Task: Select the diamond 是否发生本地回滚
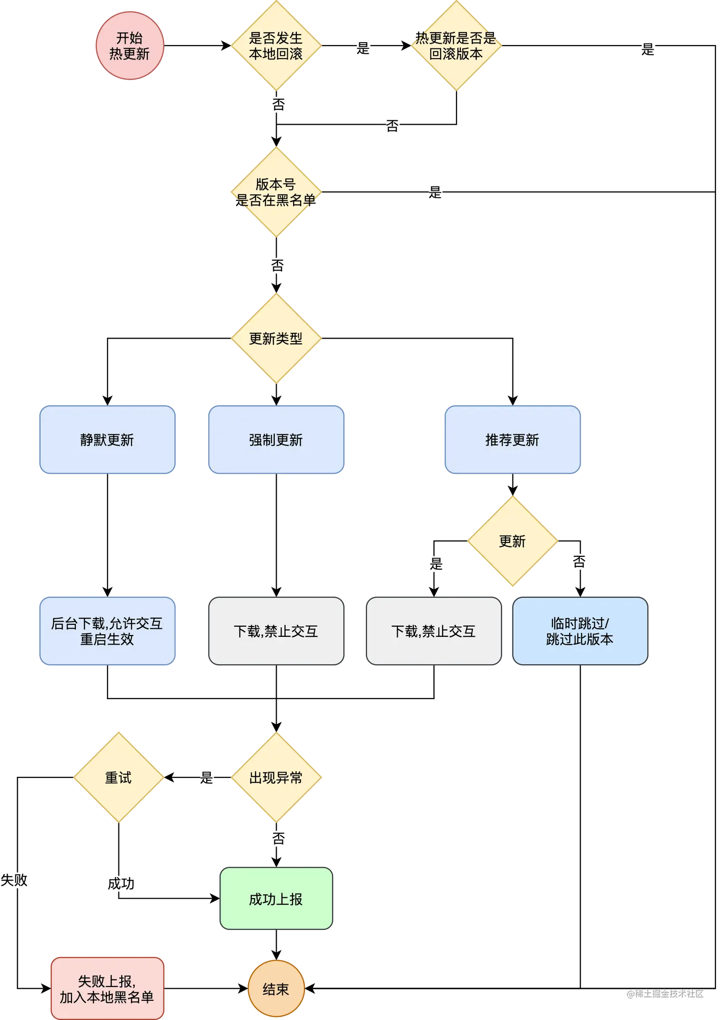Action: [x=276, y=46]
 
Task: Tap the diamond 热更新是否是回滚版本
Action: [x=456, y=46]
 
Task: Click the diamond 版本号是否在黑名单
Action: [x=276, y=192]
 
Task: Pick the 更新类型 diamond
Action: [x=276, y=339]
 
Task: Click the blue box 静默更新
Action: [x=107, y=440]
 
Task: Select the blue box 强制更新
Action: [x=276, y=440]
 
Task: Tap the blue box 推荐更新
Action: [x=513, y=440]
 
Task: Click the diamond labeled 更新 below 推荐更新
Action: [x=513, y=541]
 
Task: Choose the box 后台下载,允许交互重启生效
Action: [x=107, y=631]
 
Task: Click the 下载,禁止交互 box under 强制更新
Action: [x=276, y=631]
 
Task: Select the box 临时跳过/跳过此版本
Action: [x=580, y=631]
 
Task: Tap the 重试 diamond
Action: [x=118, y=777]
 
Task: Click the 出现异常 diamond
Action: [x=276, y=777]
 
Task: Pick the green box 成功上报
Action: [x=276, y=899]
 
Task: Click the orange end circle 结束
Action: [x=276, y=989]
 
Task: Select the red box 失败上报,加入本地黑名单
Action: [x=107, y=989]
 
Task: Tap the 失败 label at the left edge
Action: [x=14, y=880]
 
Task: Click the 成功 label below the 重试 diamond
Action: [x=121, y=883]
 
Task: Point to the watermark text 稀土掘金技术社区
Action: [x=665, y=993]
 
